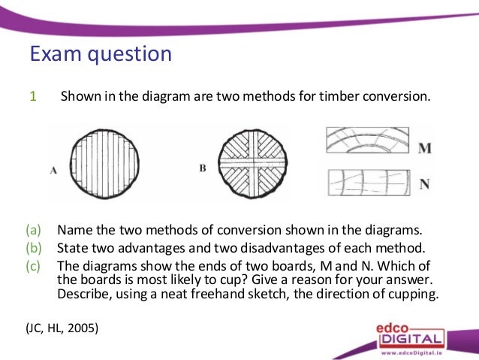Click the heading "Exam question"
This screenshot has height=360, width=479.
point(100,54)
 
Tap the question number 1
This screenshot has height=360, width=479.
point(32,96)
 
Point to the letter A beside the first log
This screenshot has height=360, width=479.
point(53,171)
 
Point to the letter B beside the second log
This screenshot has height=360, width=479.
point(203,168)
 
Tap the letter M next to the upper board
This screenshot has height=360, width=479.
point(425,147)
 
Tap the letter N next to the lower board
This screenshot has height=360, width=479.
point(425,183)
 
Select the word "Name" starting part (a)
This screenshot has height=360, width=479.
point(74,230)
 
